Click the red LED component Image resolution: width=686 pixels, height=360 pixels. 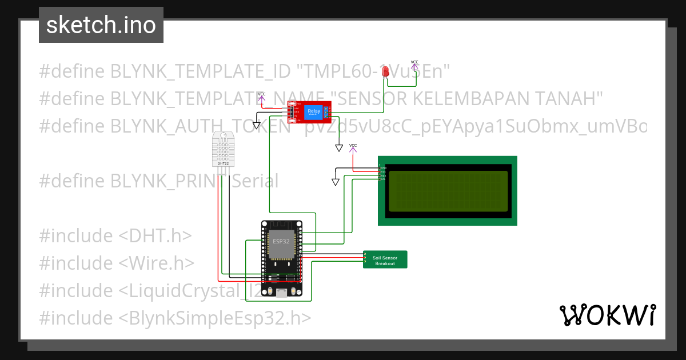pyautogui.click(x=386, y=71)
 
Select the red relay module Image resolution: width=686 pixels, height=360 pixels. pyautogui.click(x=309, y=111)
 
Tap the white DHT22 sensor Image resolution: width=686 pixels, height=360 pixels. pyautogui.click(x=224, y=148)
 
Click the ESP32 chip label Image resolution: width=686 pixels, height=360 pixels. pyautogui.click(x=281, y=242)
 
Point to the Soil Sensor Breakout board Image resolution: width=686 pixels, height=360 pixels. pyautogui.click(x=385, y=260)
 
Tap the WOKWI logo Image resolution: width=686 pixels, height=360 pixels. pyautogui.click(x=607, y=315)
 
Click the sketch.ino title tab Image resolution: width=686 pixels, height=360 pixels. pyautogui.click(x=101, y=25)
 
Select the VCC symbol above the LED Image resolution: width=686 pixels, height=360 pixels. pyautogui.click(x=414, y=63)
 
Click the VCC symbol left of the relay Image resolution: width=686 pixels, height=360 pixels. pyautogui.click(x=262, y=95)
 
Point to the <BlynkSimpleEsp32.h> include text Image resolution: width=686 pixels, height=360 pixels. pyautogui.click(x=215, y=318)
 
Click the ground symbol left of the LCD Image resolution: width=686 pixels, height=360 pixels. pyautogui.click(x=336, y=182)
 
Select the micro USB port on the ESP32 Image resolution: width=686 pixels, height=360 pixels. pyautogui.click(x=281, y=293)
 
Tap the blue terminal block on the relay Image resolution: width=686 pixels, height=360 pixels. pyautogui.click(x=326, y=111)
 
